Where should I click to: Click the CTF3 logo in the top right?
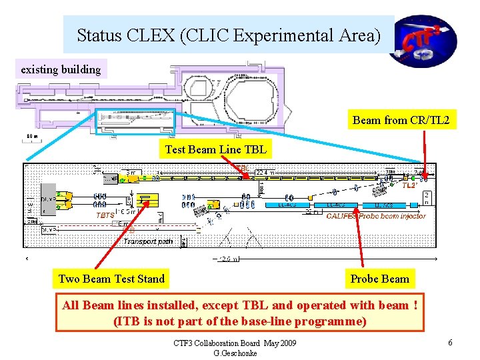427,41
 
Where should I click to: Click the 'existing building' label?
61,69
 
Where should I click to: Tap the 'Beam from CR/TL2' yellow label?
401,120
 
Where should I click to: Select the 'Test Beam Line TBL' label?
215,149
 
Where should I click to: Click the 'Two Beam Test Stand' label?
111,279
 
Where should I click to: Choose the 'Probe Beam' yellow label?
379,279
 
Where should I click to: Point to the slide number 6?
451,343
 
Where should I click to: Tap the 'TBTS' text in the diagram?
105,216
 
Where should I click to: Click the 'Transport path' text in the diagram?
148,241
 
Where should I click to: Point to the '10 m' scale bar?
32,137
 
